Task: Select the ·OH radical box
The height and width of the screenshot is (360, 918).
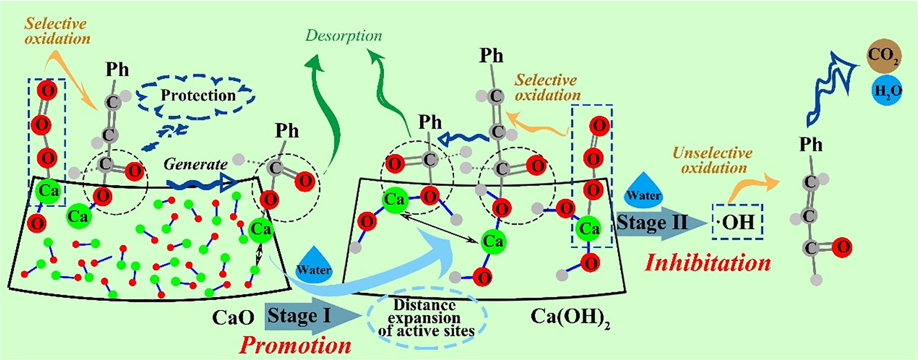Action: (x=738, y=222)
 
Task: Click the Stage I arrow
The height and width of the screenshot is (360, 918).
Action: (x=307, y=316)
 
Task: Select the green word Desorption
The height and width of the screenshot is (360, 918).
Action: (x=343, y=36)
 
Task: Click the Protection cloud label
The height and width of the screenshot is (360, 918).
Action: (x=198, y=96)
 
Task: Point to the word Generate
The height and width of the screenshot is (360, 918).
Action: (x=195, y=165)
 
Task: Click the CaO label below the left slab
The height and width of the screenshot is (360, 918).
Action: (x=233, y=318)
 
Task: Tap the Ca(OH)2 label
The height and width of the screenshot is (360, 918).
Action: (x=570, y=318)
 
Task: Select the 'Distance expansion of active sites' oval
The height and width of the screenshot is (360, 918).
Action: (x=426, y=318)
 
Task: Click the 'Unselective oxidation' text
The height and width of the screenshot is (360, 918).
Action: (x=712, y=160)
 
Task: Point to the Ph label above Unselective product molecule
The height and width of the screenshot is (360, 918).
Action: (x=811, y=145)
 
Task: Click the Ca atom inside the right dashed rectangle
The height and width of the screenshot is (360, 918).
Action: (x=589, y=229)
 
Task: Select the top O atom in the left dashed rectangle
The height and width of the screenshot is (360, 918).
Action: (x=47, y=90)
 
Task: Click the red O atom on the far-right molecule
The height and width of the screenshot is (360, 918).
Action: (x=842, y=248)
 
